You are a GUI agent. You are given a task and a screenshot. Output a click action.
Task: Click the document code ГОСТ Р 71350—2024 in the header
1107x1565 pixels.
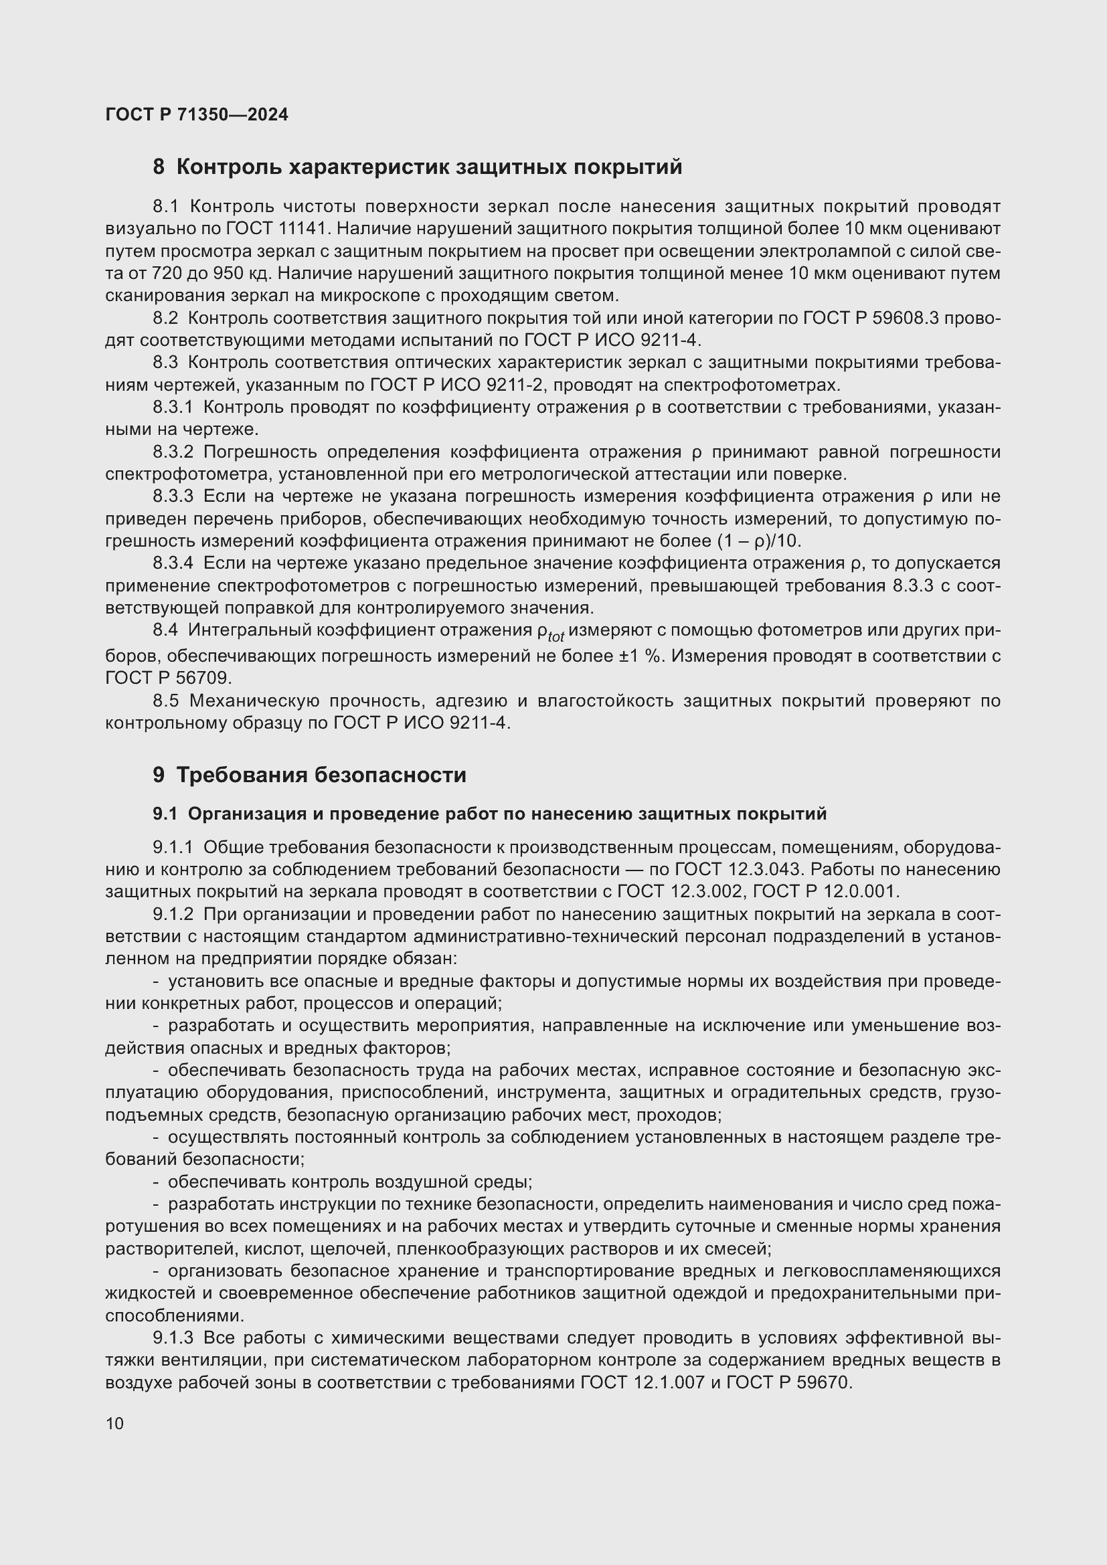pyautogui.click(x=196, y=114)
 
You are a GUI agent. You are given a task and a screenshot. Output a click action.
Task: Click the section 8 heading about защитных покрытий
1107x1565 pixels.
pyautogui.click(x=417, y=167)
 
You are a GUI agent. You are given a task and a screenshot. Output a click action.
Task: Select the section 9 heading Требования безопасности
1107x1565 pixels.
pyautogui.click(x=309, y=775)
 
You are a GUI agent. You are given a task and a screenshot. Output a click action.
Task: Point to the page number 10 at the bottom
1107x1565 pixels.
pyautogui.click(x=114, y=1423)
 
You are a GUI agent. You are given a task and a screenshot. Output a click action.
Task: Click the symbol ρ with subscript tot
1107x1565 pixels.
pyautogui.click(x=550, y=632)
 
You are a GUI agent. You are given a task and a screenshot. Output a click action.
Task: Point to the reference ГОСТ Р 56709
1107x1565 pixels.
pyautogui.click(x=169, y=678)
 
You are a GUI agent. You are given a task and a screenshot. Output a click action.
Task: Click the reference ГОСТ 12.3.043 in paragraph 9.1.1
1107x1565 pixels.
pyautogui.click(x=735, y=870)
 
